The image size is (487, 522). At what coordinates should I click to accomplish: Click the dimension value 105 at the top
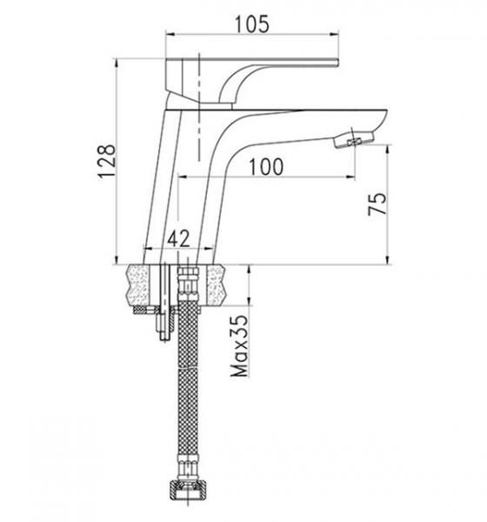click(252, 24)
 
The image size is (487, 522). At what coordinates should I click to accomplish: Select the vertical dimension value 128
click(107, 161)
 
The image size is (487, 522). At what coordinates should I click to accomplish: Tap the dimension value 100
click(266, 167)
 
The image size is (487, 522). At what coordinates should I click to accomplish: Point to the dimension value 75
click(377, 204)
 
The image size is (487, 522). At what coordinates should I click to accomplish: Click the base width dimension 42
click(178, 238)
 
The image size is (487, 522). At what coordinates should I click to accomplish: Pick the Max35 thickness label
click(239, 346)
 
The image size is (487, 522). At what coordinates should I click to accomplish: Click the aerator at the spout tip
click(354, 140)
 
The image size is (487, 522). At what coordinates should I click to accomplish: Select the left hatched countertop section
click(137, 285)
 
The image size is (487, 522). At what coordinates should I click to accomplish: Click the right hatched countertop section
click(216, 285)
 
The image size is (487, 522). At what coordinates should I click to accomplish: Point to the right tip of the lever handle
click(338, 63)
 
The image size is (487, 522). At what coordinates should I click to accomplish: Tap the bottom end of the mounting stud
click(164, 339)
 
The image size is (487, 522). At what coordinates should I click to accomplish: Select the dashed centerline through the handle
click(199, 107)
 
